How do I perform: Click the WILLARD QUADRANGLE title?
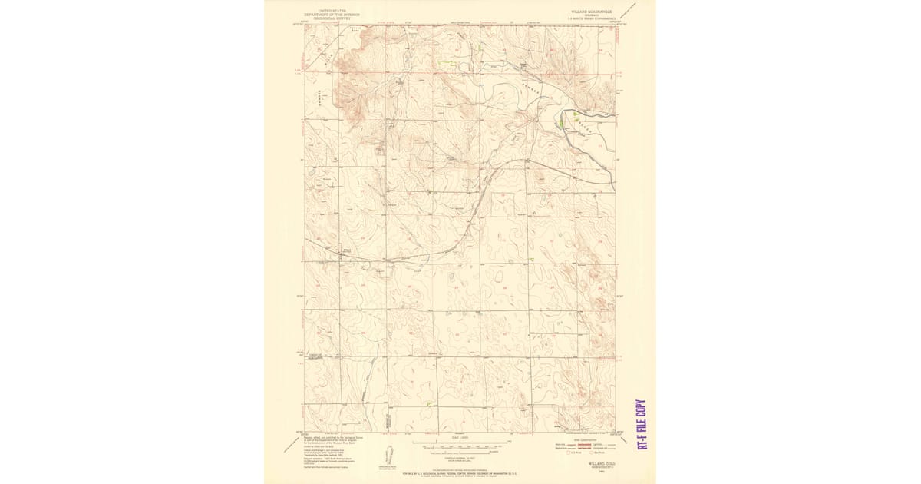589,12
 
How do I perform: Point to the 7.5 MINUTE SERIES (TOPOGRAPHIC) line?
589,18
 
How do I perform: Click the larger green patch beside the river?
566,122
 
